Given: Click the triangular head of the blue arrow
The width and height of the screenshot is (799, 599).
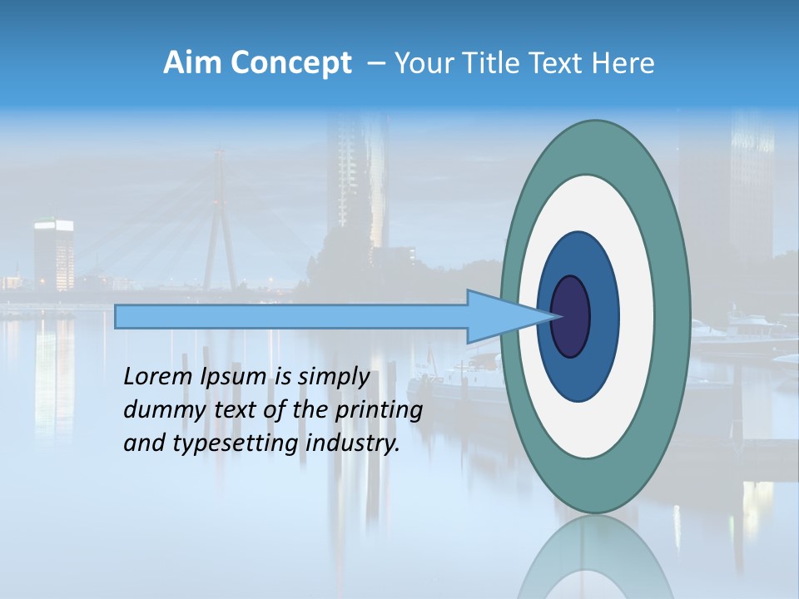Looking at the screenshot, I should pos(499,316).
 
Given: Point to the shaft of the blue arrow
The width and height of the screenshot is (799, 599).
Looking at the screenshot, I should pos(291,316).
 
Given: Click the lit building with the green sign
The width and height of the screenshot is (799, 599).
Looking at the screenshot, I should pos(53,250).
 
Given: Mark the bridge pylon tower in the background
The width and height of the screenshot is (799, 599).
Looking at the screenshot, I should pos(220,225).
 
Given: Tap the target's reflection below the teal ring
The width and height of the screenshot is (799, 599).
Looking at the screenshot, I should pos(595,562).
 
